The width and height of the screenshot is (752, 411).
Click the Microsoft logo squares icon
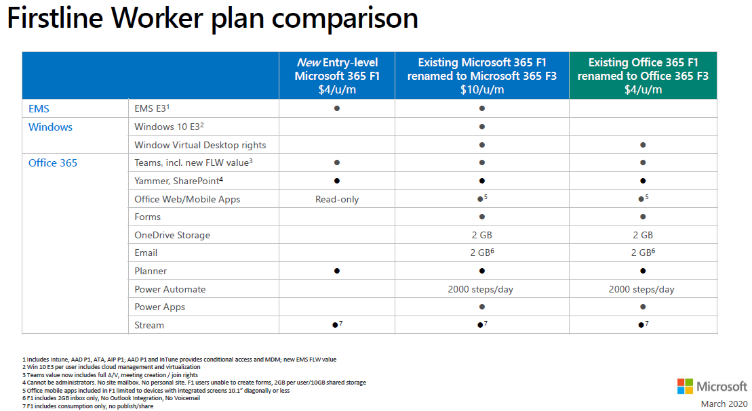pos(685,386)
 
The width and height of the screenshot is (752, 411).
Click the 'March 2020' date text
pos(724,404)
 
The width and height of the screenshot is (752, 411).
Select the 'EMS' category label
pos(39,109)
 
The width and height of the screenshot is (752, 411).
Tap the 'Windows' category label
pos(50,127)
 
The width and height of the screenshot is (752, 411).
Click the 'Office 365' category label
pos(53,163)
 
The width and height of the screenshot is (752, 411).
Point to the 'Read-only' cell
pos(337,199)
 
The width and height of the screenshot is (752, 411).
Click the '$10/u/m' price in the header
pos(481,89)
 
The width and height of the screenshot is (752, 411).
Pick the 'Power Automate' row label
pos(170,289)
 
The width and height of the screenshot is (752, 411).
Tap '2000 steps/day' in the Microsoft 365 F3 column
pos(481,289)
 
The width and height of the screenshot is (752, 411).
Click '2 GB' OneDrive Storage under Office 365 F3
pos(642,235)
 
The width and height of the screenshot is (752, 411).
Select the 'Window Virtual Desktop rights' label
pos(200,145)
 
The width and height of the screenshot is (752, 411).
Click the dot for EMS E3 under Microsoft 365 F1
pos(337,108)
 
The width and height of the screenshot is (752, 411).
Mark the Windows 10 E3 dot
pos(482,127)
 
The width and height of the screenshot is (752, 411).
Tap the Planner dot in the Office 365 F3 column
pos(643,271)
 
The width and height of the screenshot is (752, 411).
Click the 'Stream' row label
pos(149,325)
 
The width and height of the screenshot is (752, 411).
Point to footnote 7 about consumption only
pos(87,406)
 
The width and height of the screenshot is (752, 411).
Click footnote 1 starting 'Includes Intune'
pos(180,360)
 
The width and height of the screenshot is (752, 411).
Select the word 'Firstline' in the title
pos(55,18)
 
